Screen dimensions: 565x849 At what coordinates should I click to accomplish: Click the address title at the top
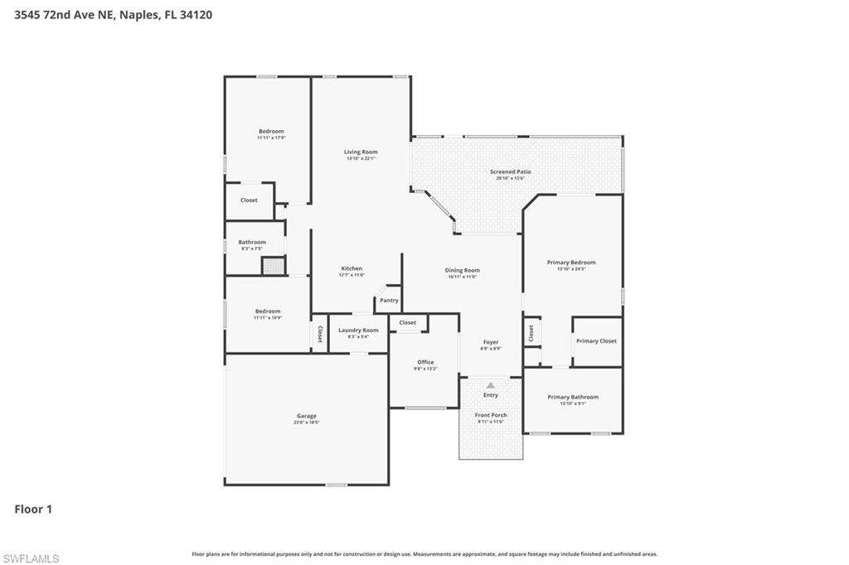coord(113,14)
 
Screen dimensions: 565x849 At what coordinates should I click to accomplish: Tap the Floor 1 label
coord(33,509)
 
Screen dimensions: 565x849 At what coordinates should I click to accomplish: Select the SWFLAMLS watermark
coord(32,558)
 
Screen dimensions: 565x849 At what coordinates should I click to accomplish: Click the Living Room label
coord(361,152)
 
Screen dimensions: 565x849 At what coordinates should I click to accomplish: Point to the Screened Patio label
coord(510,172)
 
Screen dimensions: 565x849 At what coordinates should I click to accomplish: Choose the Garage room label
coord(307,416)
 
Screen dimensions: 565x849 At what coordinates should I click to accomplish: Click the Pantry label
coord(389,300)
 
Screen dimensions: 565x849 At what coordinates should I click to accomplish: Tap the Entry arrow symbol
coord(491,385)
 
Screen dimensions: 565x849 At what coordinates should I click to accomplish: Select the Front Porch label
coord(491,415)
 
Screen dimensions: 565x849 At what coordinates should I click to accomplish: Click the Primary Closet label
coord(596,341)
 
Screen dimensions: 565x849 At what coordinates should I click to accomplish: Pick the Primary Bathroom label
coord(572,397)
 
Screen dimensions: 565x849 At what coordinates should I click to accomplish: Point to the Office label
coord(425,362)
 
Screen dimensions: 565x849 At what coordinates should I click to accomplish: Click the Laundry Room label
coord(358,330)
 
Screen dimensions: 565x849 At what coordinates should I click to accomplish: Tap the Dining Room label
coord(462,270)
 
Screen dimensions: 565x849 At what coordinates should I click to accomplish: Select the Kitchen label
coord(352,268)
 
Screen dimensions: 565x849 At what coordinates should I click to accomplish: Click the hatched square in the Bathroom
coord(273,266)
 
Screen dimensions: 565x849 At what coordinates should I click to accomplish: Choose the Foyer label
coord(491,342)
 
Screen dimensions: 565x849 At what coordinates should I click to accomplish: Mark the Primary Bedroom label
coord(571,263)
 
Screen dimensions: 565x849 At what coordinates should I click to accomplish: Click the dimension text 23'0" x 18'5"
coord(307,423)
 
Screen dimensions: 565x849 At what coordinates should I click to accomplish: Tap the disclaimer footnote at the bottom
coord(424,553)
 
